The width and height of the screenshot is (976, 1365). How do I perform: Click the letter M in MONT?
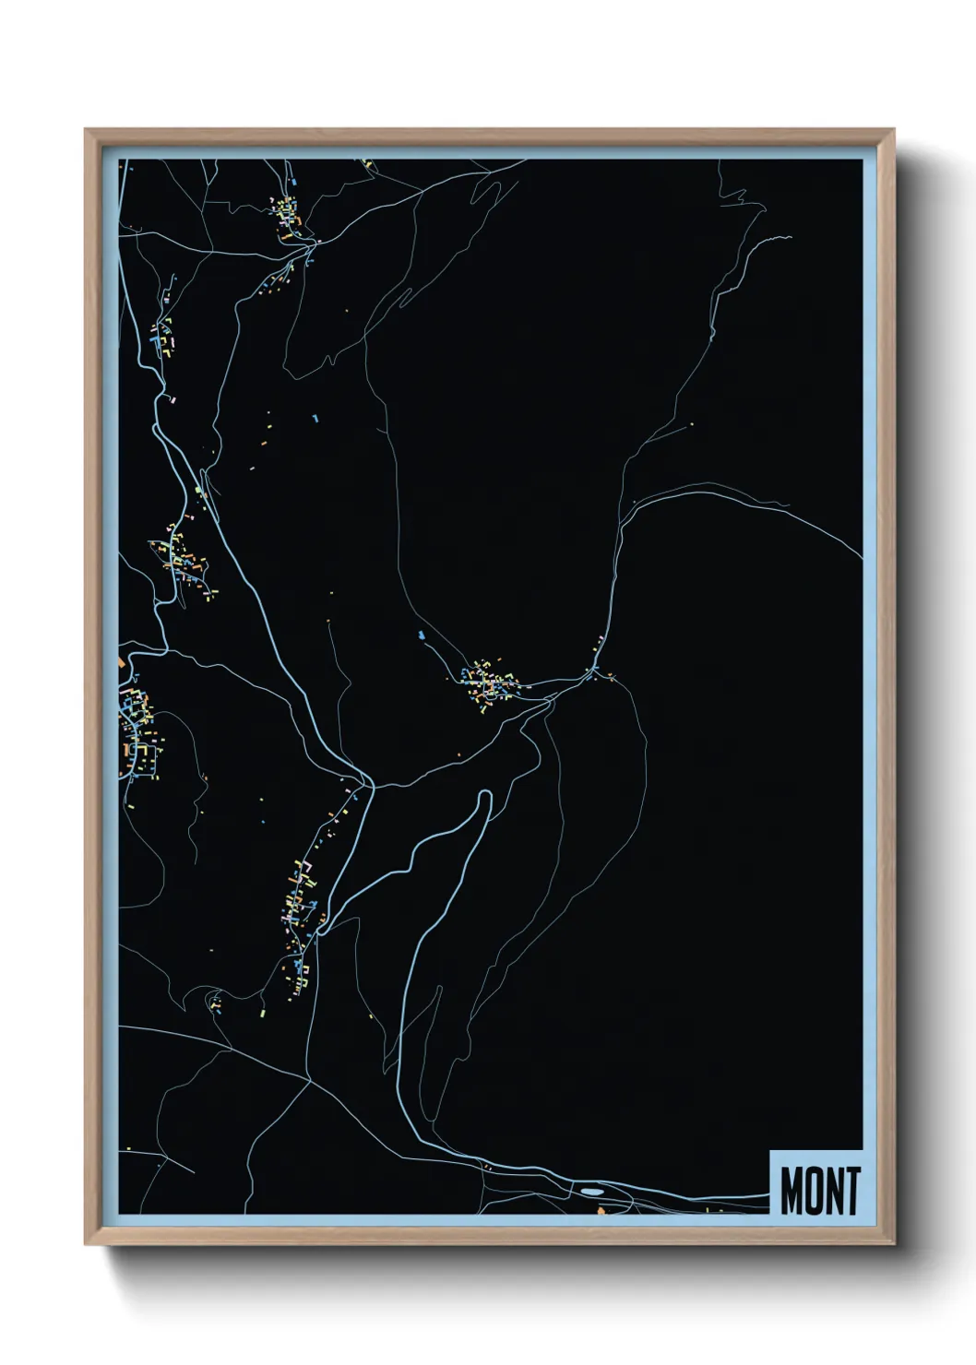(x=792, y=1191)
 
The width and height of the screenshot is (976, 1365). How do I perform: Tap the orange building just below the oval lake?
(x=599, y=1208)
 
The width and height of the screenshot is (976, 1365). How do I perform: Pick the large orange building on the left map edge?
(x=122, y=662)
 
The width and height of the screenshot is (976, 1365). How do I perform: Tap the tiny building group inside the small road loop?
(x=215, y=1003)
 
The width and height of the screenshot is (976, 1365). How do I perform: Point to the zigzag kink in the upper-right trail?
(x=738, y=195)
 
